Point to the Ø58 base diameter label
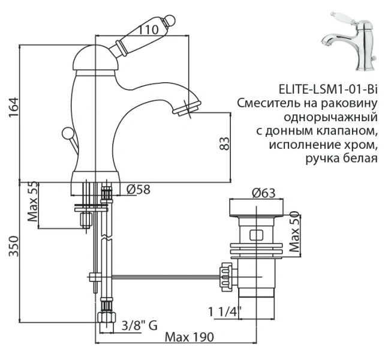(x=139, y=190)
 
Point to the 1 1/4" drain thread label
(x=225, y=311)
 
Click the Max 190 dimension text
(x=191, y=338)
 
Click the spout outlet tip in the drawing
(x=187, y=109)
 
